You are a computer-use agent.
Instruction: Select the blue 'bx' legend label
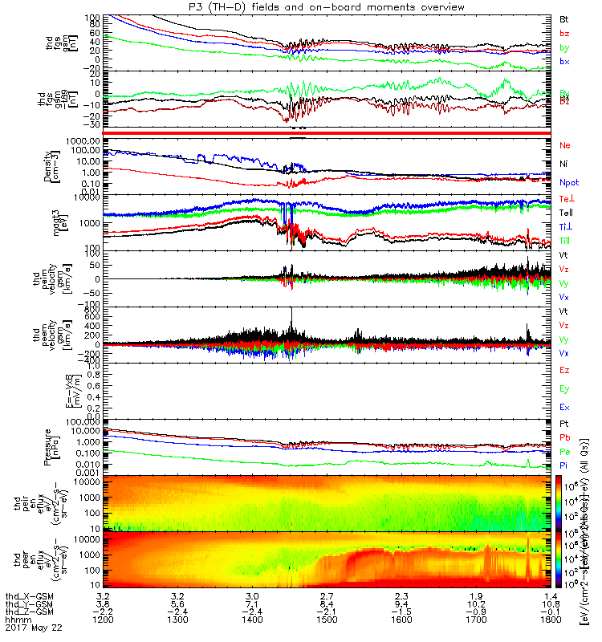(x=564, y=62)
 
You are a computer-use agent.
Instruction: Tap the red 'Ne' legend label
(x=564, y=145)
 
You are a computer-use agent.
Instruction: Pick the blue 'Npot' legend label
(x=569, y=182)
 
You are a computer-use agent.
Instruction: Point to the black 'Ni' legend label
(x=563, y=164)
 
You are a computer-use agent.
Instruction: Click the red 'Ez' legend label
(x=564, y=370)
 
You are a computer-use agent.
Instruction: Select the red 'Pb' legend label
(x=564, y=437)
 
